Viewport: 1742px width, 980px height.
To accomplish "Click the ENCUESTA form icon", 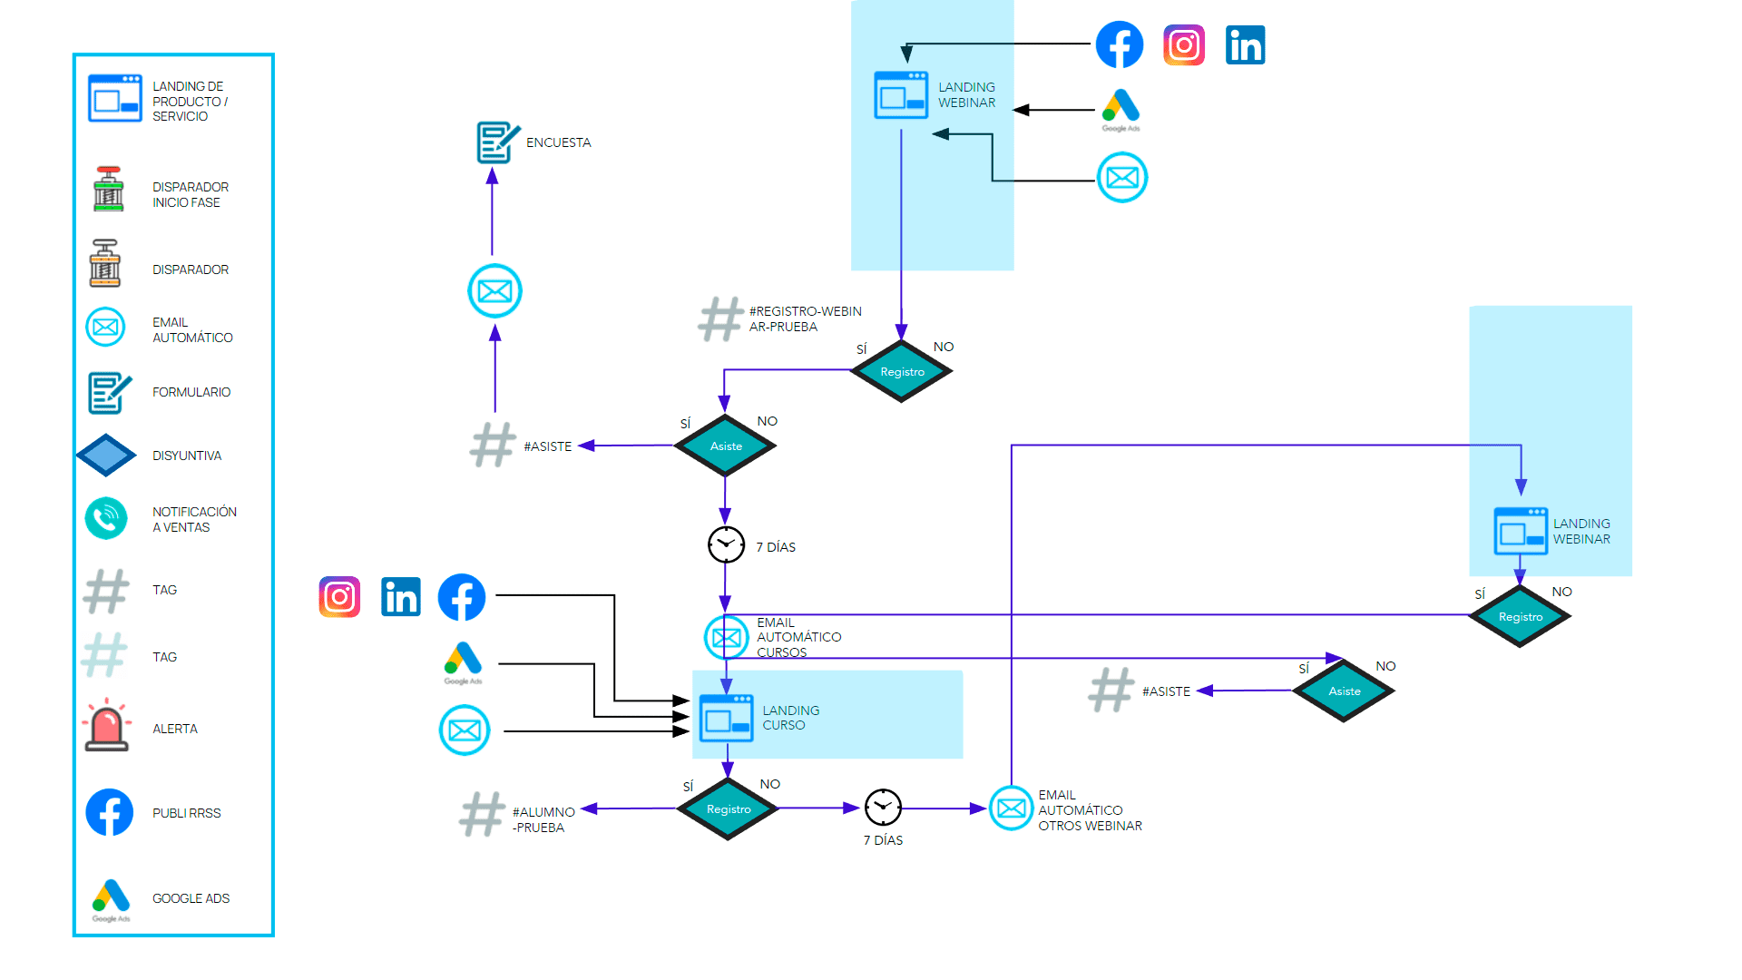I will click(x=497, y=142).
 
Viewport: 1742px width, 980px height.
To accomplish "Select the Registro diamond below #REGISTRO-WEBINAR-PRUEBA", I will click(x=901, y=371).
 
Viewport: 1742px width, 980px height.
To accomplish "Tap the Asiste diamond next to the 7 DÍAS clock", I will click(x=725, y=446).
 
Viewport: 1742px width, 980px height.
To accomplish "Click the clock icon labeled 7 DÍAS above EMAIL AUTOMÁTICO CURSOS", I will click(x=726, y=544).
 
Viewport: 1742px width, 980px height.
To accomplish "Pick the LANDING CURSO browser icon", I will click(x=726, y=718).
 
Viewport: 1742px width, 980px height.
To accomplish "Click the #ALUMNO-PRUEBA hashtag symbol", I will click(x=482, y=814).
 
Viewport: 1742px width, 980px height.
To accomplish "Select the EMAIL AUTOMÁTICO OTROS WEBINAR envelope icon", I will click(x=1011, y=808).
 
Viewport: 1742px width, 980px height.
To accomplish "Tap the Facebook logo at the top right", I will click(x=1119, y=44).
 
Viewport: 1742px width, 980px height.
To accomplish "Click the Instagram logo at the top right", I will click(x=1183, y=44).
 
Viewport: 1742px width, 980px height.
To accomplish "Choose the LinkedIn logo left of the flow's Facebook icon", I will click(x=400, y=597).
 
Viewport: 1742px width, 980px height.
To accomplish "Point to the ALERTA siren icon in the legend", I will click(x=106, y=727).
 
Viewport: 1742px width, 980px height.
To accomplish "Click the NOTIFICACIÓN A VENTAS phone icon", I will click(x=106, y=518).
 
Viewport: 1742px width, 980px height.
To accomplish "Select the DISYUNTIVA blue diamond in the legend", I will click(x=106, y=455).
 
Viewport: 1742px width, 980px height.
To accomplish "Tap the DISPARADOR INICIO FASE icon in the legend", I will click(x=108, y=190).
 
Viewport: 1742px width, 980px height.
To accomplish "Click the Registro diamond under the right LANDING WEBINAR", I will click(x=1520, y=616).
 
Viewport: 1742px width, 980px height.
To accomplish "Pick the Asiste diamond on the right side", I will click(x=1344, y=691).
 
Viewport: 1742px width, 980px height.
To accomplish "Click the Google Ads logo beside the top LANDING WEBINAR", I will click(x=1121, y=108).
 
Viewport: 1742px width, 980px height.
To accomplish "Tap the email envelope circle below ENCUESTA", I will click(x=494, y=291).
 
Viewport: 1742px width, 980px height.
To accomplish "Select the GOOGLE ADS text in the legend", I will click(x=191, y=898).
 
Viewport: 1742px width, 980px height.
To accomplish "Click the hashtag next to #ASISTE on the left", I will click(x=493, y=445).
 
